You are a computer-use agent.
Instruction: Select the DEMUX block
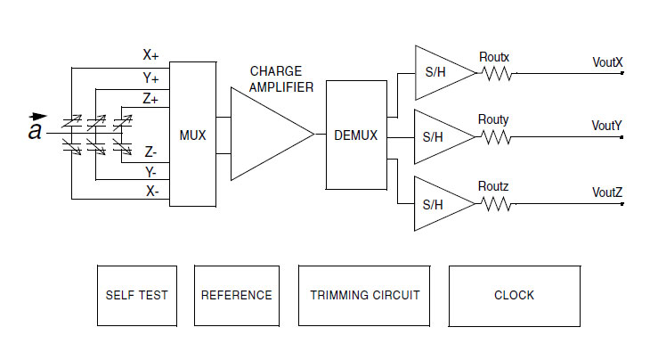(x=355, y=135)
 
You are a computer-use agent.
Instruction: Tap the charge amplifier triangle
(x=267, y=135)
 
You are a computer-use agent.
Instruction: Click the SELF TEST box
(x=136, y=295)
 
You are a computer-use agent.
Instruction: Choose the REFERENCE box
(x=237, y=295)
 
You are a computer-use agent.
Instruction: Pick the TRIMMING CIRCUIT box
(x=364, y=295)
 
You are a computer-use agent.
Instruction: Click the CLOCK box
(x=514, y=295)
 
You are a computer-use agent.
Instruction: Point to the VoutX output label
(x=607, y=62)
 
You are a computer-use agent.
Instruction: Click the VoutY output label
(x=607, y=126)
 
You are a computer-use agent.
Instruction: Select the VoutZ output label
(x=607, y=192)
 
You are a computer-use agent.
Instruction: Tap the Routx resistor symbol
(x=499, y=74)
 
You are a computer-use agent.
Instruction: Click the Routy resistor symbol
(x=499, y=137)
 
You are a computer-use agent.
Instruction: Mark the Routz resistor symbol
(x=499, y=204)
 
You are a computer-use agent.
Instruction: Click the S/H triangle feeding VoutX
(x=440, y=74)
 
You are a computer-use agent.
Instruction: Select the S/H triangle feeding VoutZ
(x=440, y=204)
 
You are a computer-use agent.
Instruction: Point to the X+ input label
(x=150, y=54)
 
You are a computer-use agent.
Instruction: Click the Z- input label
(x=151, y=152)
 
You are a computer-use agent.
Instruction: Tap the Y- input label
(x=150, y=171)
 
